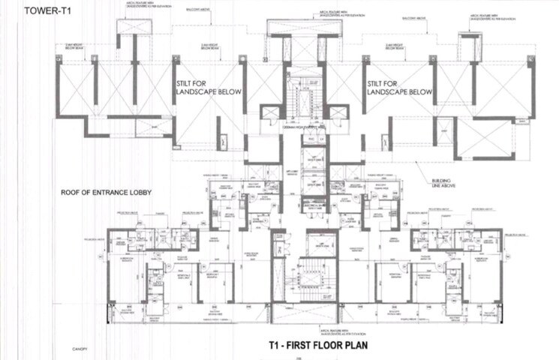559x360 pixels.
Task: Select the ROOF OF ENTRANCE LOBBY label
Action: [x=106, y=193]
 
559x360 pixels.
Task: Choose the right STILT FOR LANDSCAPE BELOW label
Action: [x=400, y=88]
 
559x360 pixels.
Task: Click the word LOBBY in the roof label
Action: [x=139, y=193]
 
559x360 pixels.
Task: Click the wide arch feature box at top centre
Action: [x=304, y=28]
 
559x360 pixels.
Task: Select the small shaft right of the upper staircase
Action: [x=338, y=113]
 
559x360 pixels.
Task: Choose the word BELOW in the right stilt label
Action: [x=418, y=92]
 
